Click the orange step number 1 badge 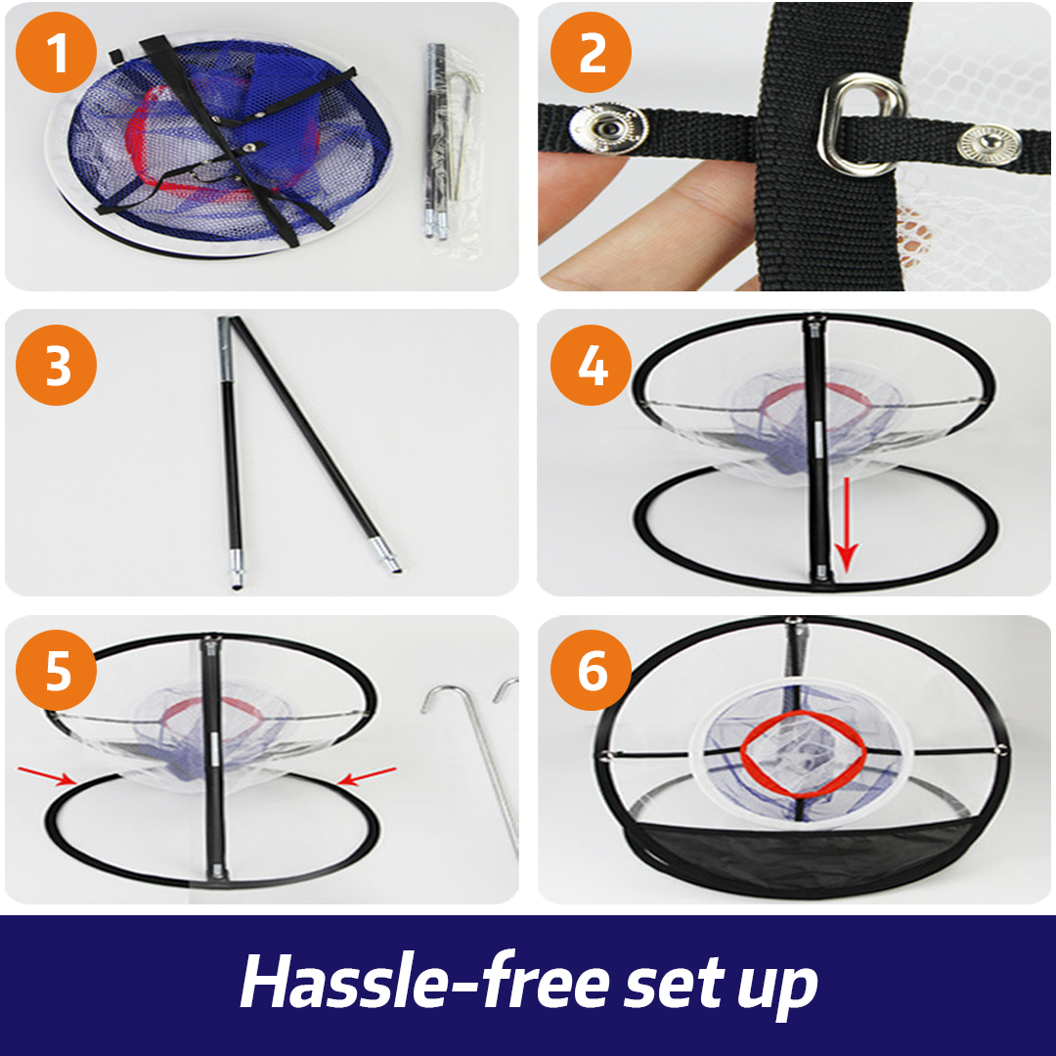pos(56,53)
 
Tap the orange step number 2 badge pos(591,53)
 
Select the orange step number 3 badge pos(56,365)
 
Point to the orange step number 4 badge pos(591,365)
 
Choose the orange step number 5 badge pos(56,670)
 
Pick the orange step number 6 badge pos(591,670)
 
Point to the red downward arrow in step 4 pos(846,522)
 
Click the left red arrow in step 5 pos(47,775)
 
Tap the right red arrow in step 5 pos(367,775)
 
